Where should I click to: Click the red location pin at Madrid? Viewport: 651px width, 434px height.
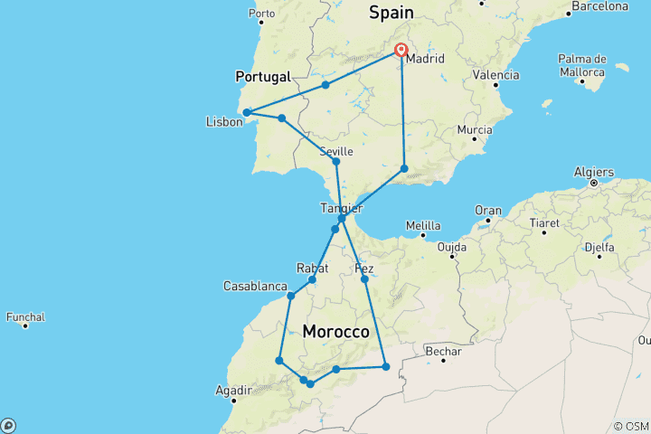401,51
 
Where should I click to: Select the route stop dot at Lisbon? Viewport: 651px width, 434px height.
246,113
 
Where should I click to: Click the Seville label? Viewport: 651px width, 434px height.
335,152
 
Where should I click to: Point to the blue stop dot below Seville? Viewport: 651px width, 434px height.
336,162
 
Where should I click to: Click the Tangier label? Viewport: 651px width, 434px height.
342,208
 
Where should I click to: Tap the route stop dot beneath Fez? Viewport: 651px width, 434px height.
365,279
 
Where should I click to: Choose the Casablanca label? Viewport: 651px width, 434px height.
255,287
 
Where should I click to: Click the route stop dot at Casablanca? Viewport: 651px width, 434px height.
291,296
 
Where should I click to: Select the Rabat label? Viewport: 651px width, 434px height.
311,268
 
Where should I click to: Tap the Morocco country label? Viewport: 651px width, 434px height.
336,333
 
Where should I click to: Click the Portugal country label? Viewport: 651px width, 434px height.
262,77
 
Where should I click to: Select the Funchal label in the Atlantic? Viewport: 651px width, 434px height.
25,317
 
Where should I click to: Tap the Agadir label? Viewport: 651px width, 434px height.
234,391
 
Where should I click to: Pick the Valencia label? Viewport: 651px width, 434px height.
496,74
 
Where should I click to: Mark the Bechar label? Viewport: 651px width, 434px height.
444,352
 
